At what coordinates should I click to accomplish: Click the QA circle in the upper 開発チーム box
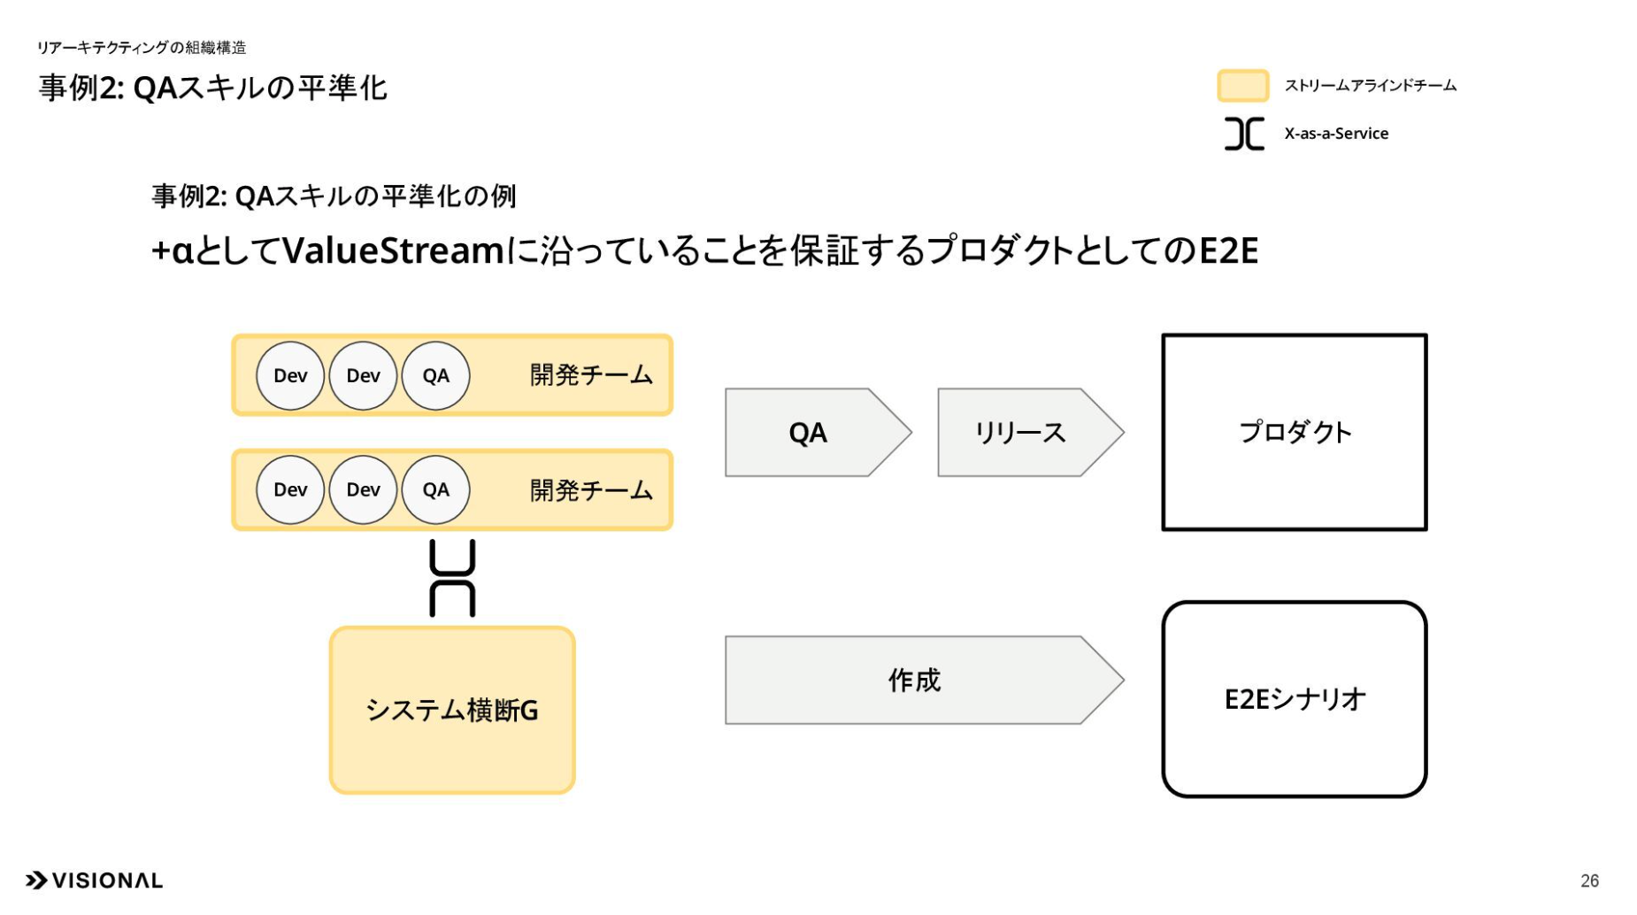[435, 376]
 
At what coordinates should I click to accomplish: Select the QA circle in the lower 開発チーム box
[435, 490]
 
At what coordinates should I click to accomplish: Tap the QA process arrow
[818, 433]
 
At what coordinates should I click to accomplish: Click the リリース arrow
[1030, 433]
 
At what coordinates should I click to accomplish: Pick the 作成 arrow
[924, 680]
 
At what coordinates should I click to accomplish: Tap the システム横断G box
[452, 711]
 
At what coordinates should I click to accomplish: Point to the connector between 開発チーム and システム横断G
[452, 579]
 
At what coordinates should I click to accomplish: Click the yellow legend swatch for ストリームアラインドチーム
[1243, 86]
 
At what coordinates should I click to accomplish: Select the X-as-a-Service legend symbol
[1244, 134]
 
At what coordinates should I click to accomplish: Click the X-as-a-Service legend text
[1336, 134]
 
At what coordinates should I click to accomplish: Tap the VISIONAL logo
[94, 880]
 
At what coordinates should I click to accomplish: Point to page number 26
[1589, 881]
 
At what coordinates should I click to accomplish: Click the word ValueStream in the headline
[393, 251]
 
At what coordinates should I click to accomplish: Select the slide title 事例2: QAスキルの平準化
[213, 88]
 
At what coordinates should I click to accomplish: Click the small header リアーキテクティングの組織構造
[142, 48]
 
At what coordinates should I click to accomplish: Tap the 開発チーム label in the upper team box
[591, 375]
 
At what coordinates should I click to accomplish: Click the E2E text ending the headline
[1228, 251]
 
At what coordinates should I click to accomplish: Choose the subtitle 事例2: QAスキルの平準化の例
[334, 196]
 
